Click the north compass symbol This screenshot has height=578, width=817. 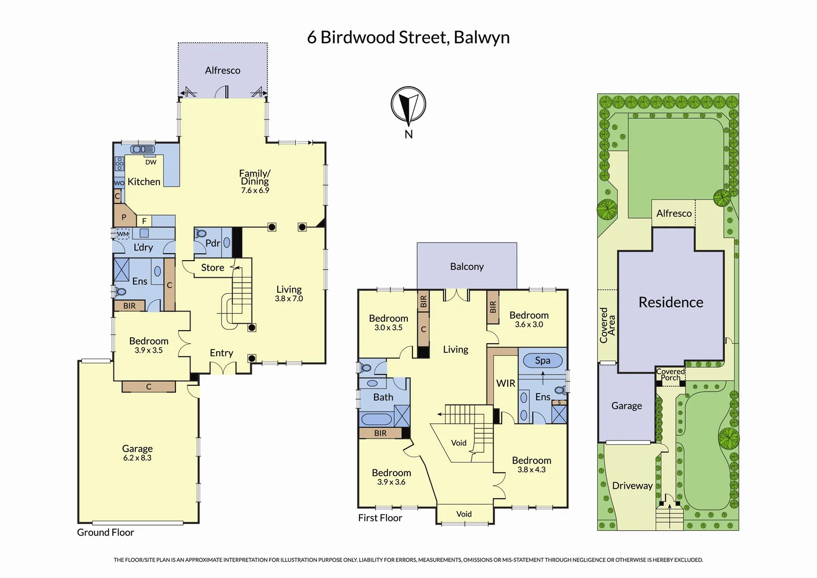(408, 105)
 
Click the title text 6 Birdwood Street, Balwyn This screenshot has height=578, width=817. (408, 37)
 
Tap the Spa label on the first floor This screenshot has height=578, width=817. (543, 360)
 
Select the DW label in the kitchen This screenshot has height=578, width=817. (151, 162)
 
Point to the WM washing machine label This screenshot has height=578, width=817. (123, 234)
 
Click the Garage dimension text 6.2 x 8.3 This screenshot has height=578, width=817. (138, 458)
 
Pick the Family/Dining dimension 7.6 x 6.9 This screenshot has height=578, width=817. (255, 191)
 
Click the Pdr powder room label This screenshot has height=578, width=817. (212, 243)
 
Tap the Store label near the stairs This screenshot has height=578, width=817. (212, 268)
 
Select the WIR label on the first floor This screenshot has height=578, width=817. (506, 383)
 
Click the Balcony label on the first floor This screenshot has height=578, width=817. (467, 267)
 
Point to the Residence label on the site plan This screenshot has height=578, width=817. (671, 302)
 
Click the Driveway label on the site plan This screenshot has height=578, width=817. (632, 486)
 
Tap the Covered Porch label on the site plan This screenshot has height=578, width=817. (670, 375)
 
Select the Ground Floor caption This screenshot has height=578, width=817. (105, 533)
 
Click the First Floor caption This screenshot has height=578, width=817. (380, 518)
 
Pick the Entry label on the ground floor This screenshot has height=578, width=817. (222, 353)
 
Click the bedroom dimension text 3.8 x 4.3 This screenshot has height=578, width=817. (531, 470)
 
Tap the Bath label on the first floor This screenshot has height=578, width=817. (383, 397)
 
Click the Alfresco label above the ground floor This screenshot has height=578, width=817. (223, 70)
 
